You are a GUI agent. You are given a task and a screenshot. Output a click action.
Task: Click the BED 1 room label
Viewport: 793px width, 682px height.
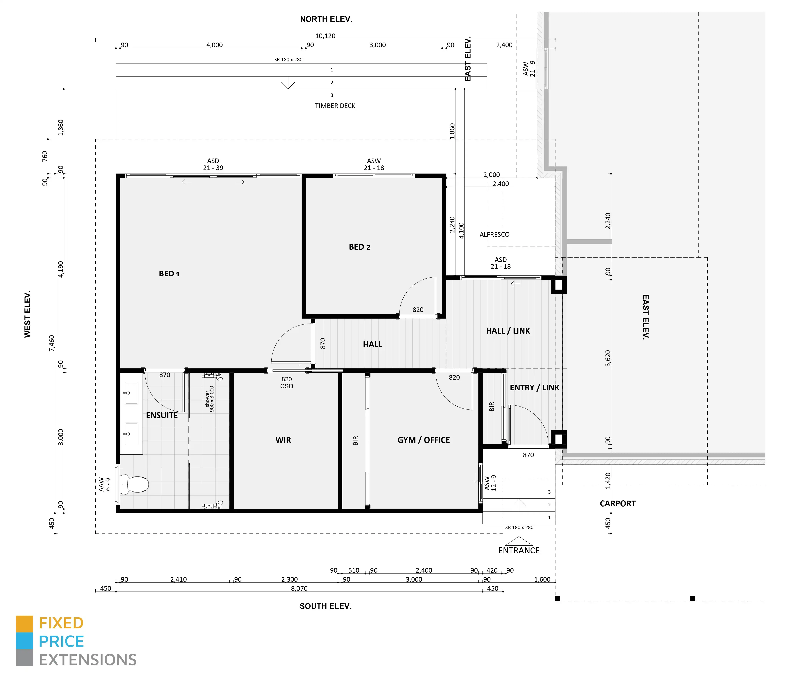point(169,273)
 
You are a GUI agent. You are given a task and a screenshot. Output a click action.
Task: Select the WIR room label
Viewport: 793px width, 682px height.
point(283,440)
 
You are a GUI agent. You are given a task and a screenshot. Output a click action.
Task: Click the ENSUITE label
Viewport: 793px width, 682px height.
point(162,415)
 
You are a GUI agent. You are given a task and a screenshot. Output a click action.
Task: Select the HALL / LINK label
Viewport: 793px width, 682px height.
point(508,331)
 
